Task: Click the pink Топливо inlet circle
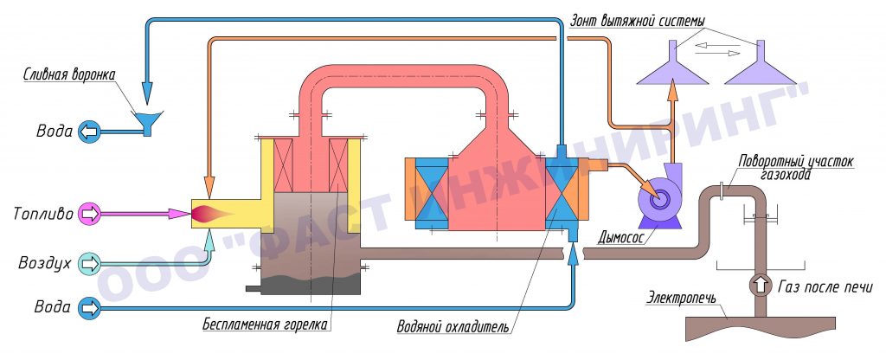89,214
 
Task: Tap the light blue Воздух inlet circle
89,263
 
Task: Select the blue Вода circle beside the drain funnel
89,132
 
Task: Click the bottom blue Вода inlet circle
89,308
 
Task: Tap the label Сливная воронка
70,74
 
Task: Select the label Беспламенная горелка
266,325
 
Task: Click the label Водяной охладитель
453,326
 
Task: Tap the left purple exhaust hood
672,62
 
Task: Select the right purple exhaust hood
760,62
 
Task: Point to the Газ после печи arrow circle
761,286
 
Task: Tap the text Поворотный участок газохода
796,168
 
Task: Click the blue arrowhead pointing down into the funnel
147,93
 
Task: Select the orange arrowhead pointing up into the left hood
672,91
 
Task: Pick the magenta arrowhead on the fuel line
180,214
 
